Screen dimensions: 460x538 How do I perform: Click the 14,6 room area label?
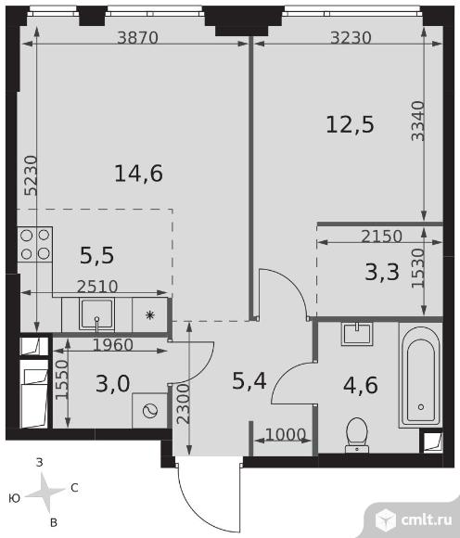coord(138,173)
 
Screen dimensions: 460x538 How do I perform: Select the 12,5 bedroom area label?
coord(350,124)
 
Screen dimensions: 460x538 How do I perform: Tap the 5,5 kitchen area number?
coord(96,256)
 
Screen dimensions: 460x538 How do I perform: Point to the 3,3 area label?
coord(382,272)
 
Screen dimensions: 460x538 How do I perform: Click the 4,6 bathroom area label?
coord(361,385)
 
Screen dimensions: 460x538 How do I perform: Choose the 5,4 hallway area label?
coord(249,381)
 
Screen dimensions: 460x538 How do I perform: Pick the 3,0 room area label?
coord(113,383)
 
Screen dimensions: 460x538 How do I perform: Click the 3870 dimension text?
coord(137,37)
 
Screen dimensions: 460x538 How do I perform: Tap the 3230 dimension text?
coord(351,37)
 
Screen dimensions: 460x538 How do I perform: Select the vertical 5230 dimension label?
coord(31,175)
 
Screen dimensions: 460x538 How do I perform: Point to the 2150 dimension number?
coord(381,236)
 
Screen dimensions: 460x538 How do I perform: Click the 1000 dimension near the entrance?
coord(286,435)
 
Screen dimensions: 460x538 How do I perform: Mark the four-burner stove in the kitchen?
coord(35,244)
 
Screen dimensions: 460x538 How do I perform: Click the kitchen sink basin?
coord(96,314)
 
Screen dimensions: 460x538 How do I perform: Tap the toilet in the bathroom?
coord(357,435)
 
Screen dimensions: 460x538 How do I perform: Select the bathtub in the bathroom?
coord(420,375)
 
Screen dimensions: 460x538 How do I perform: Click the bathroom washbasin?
coord(357,333)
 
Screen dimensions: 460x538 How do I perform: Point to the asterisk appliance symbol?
coord(149,315)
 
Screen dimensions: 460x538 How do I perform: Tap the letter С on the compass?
coord(74,488)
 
